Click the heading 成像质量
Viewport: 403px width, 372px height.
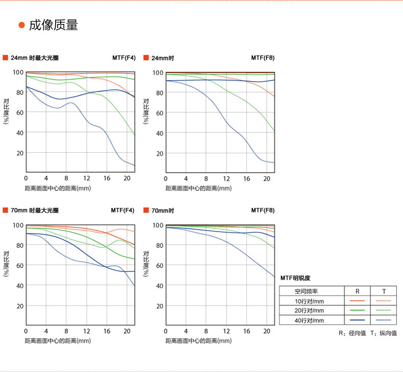tap(54, 25)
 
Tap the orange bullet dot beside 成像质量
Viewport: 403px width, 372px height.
tap(21, 26)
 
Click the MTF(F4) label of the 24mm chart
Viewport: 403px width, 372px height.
tap(124, 58)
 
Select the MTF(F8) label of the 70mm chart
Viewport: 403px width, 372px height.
tap(263, 210)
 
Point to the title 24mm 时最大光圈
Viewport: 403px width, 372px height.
tap(35, 58)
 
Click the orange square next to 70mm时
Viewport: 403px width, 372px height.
tap(146, 210)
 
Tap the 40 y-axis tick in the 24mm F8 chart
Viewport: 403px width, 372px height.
tap(159, 133)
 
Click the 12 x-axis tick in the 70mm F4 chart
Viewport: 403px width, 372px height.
tap(87, 331)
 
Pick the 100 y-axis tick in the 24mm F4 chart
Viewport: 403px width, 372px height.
tap(18, 72)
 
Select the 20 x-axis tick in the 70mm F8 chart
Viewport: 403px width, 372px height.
tap(267, 331)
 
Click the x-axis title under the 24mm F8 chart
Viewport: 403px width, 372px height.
tap(198, 188)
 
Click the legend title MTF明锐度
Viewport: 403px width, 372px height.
tap(295, 277)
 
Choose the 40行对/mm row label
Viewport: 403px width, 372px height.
tap(309, 320)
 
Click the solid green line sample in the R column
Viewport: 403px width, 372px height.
tap(357, 310)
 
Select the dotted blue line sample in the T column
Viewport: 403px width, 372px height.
tap(383, 320)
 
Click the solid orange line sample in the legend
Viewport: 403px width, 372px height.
tap(357, 300)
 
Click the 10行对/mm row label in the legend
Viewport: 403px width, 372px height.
tap(309, 300)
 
